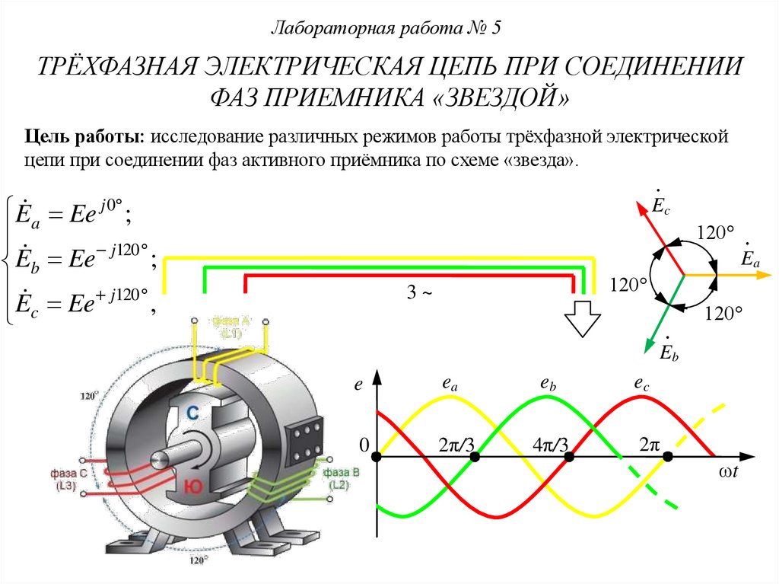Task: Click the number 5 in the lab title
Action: (497, 29)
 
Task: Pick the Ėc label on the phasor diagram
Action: (660, 201)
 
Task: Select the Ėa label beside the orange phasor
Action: (750, 257)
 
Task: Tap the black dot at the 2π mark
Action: (668, 457)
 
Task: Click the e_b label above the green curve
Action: (548, 386)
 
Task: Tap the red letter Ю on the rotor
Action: (191, 483)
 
